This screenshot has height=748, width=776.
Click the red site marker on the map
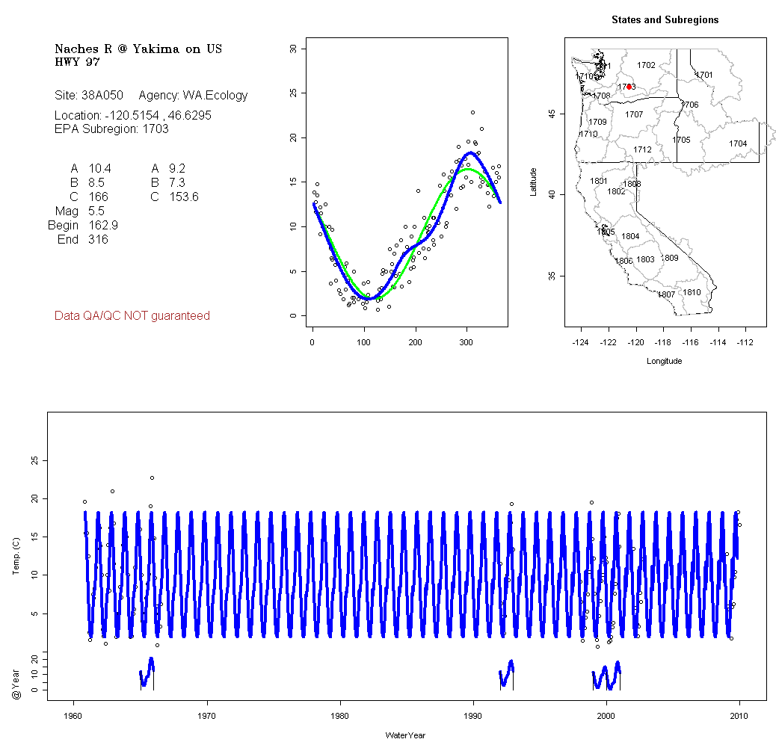629,87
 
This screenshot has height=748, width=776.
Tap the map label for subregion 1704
738,143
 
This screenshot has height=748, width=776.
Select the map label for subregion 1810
692,292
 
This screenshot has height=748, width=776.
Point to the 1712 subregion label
642,150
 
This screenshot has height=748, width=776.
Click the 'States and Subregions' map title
665,20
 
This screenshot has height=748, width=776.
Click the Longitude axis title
664,361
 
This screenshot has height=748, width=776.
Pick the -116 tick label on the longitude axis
691,342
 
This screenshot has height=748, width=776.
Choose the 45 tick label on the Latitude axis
552,114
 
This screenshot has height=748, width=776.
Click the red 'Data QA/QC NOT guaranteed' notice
132,316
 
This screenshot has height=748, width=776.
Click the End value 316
98,240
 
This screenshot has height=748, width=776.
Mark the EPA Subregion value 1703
155,129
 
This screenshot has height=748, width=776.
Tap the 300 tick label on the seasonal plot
466,342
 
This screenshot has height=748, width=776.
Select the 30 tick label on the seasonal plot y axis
294,49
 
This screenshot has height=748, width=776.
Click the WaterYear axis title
406,735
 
